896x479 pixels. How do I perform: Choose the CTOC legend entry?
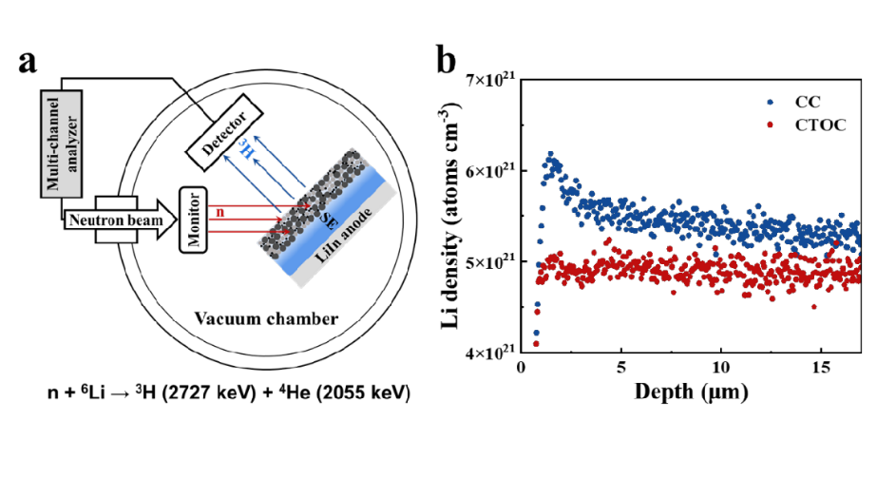[809, 123]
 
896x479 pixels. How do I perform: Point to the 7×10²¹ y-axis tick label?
[493, 81]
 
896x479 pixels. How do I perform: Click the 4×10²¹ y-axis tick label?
[493, 353]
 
